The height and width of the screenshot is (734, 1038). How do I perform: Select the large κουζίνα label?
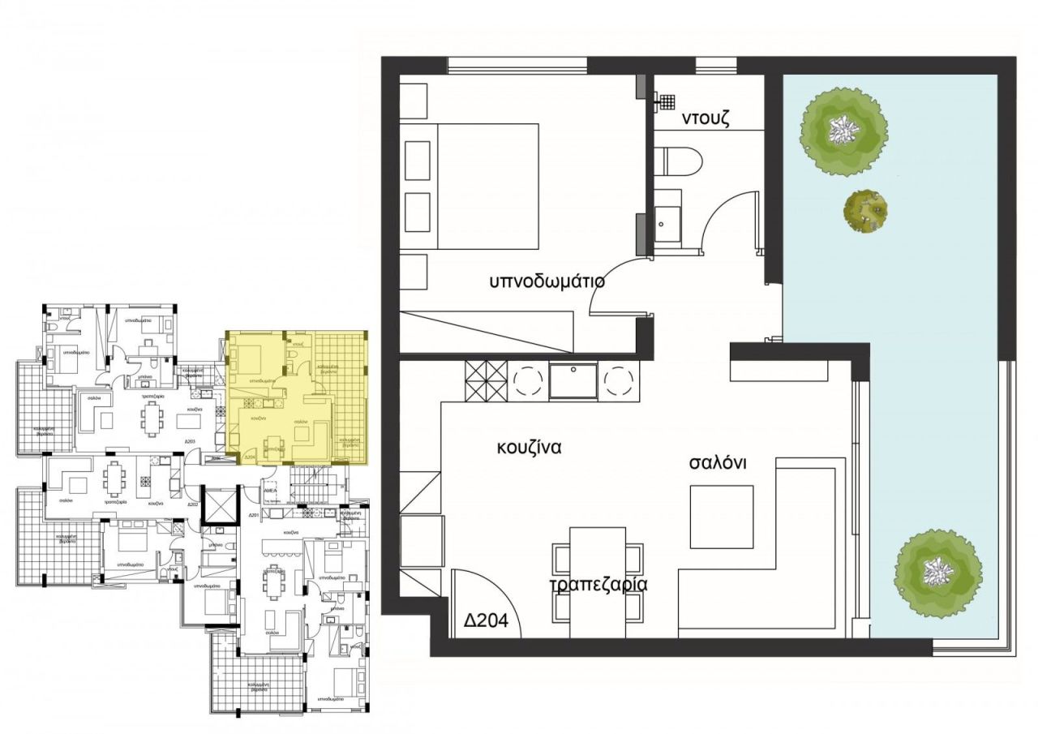click(x=530, y=447)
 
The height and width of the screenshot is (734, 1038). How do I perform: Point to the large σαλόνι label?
click(x=717, y=462)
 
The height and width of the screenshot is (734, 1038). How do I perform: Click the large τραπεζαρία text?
click(x=598, y=586)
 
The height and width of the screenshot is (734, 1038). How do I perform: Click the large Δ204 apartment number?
click(x=486, y=621)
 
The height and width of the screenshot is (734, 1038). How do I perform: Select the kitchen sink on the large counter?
click(x=573, y=380)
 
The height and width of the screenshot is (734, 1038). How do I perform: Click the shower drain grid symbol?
click(x=666, y=101)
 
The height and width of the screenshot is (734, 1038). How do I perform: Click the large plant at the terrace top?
click(x=843, y=130)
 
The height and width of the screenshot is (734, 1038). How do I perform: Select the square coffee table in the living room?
click(x=721, y=517)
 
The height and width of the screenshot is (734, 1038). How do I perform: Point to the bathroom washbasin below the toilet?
click(x=668, y=217)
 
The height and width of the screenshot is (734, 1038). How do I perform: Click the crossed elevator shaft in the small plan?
click(x=217, y=505)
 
